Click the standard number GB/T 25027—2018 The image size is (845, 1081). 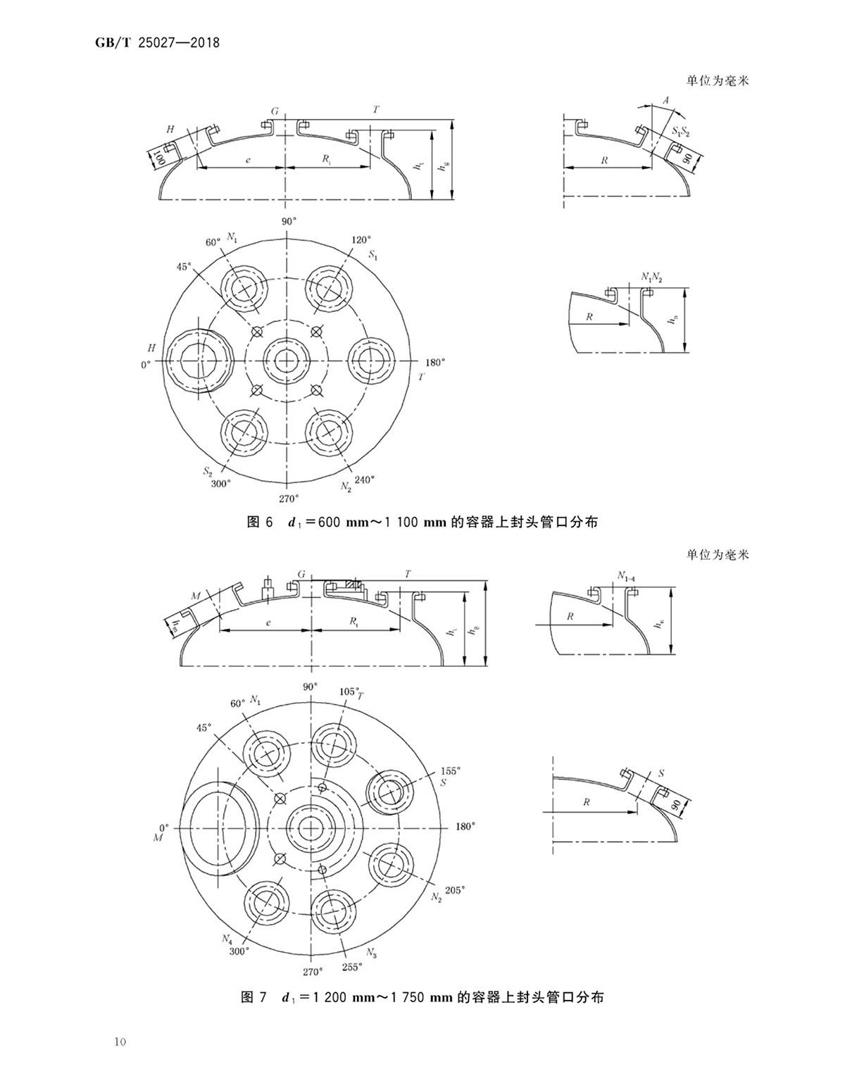click(x=157, y=44)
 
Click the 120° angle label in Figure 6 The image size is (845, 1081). click(x=361, y=240)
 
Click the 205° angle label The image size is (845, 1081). click(x=456, y=890)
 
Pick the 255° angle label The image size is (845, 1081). click(x=351, y=967)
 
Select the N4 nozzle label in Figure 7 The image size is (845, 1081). click(x=227, y=938)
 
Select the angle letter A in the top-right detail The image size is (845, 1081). click(x=665, y=101)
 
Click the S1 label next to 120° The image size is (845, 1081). click(x=373, y=256)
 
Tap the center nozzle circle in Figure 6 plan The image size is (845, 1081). click(x=286, y=360)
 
